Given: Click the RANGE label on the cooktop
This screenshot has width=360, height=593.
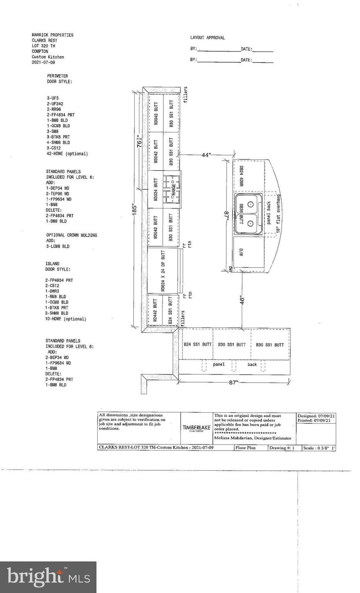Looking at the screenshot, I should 173,189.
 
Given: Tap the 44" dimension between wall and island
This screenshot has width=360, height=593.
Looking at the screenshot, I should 206,155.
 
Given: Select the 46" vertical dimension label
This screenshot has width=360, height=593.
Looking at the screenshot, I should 242,300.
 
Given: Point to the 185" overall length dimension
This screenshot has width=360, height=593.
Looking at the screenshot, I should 135,211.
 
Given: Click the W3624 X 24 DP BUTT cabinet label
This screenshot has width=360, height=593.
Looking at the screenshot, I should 163,270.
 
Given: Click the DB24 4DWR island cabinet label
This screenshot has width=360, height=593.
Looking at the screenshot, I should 241,176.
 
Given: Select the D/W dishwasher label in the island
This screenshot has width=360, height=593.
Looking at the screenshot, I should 241,252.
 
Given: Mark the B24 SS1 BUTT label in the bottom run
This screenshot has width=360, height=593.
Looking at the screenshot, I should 197,344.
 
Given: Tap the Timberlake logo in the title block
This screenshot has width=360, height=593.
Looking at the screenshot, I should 197,428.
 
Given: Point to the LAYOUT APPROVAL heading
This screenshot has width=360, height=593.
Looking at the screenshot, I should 207,38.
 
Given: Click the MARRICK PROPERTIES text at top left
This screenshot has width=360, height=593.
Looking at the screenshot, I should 53,35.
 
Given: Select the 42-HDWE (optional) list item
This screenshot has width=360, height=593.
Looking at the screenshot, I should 67,154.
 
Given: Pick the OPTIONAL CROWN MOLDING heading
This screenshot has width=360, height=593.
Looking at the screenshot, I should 71,235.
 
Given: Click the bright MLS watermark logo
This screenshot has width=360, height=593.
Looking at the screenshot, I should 48,577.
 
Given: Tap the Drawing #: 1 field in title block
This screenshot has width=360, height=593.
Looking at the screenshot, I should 282,448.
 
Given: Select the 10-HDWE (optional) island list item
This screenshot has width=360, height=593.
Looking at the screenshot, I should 65,319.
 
